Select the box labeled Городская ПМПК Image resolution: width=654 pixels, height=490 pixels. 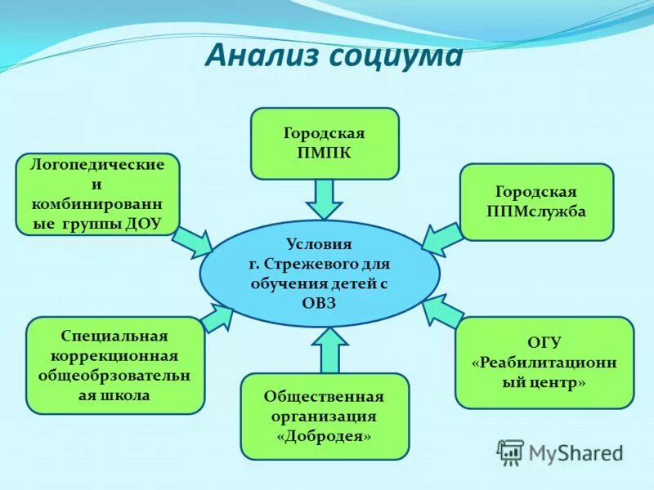coord(325,143)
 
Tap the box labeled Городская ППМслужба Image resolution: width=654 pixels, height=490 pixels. coord(536,202)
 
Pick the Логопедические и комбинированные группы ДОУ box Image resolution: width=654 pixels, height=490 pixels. coord(97,194)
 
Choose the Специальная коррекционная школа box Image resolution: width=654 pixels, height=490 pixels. coord(114,365)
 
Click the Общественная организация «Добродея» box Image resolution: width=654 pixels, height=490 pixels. coord(324,416)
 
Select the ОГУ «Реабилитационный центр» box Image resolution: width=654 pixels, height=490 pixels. coord(544,363)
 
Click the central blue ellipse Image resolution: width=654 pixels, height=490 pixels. coord(320,273)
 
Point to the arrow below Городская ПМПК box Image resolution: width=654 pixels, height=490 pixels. coord(325,198)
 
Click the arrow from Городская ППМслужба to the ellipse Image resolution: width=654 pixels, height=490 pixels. coord(441,236)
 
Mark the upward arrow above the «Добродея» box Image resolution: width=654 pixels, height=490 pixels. coord(329,350)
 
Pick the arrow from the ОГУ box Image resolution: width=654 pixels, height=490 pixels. coord(441,312)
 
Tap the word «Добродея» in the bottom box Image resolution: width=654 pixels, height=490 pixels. coord(324,437)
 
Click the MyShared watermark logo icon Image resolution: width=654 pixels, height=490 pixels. coord(510,452)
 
